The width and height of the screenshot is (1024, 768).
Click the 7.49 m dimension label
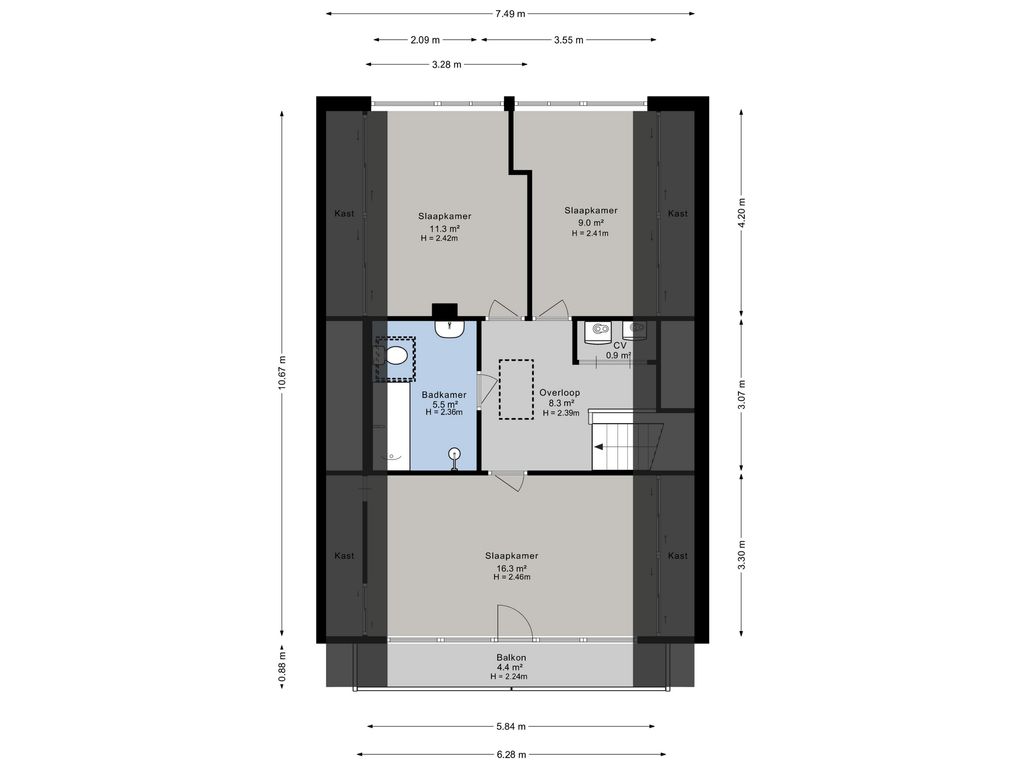(509, 13)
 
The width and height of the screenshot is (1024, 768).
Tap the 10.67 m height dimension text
(282, 373)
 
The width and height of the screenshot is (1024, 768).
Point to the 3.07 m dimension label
(741, 395)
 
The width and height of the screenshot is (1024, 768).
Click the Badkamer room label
(444, 394)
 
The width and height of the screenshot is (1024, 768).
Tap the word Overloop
(560, 392)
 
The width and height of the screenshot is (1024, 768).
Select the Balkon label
(511, 658)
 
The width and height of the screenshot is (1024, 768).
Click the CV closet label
(620, 345)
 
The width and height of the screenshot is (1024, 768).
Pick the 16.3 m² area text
(511, 568)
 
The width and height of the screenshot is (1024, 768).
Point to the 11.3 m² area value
(445, 229)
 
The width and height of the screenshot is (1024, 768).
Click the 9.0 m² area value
(590, 223)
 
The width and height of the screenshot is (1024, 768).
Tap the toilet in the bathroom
(394, 357)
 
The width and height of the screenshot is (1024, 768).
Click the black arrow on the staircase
(599, 447)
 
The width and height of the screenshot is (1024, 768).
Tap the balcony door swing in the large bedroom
(515, 621)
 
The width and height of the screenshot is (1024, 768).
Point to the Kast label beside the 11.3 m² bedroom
(344, 214)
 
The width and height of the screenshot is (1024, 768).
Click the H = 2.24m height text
(509, 677)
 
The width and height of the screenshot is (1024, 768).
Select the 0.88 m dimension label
(282, 668)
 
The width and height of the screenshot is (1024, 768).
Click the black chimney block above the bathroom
(444, 312)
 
